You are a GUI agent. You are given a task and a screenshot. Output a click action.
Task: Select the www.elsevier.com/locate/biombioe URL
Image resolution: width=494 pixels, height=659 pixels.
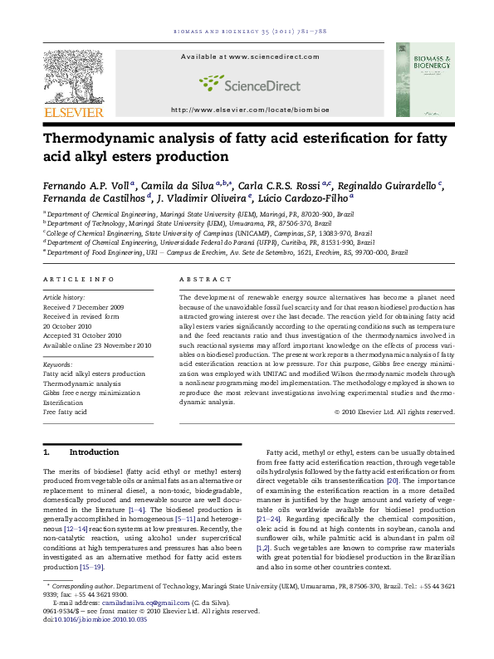click(247, 110)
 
